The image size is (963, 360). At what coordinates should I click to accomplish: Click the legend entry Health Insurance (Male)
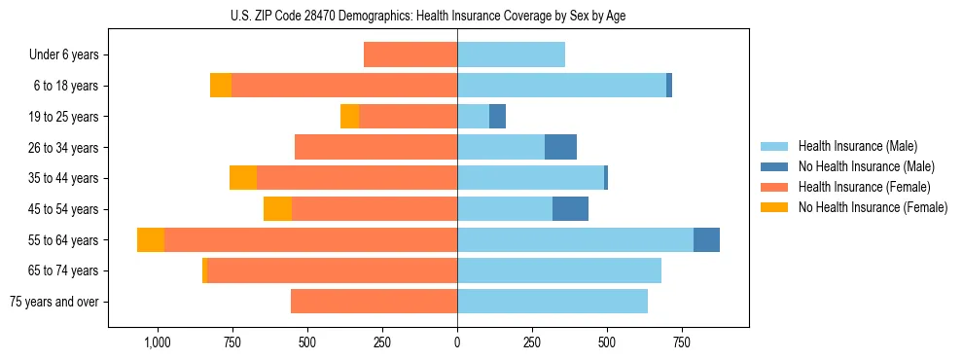click(x=857, y=146)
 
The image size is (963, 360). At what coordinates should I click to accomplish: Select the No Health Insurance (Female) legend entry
click(x=873, y=207)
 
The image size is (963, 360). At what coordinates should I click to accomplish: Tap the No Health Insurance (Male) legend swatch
click(x=774, y=166)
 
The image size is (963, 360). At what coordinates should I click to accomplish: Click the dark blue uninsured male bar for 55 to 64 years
click(x=706, y=240)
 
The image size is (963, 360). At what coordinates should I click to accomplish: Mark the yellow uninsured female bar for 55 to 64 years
click(x=151, y=240)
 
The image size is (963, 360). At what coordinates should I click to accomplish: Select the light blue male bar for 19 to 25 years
click(x=473, y=117)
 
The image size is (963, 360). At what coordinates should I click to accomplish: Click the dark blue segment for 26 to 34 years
click(x=560, y=148)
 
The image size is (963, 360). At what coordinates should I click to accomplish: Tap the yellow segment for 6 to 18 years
click(x=221, y=86)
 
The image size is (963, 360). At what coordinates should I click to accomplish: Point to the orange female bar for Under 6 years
click(x=410, y=55)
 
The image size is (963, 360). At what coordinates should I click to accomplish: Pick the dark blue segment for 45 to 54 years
click(x=570, y=209)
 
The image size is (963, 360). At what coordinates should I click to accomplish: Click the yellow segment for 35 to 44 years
click(x=243, y=178)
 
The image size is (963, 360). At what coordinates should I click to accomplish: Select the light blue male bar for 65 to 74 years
click(x=559, y=270)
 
